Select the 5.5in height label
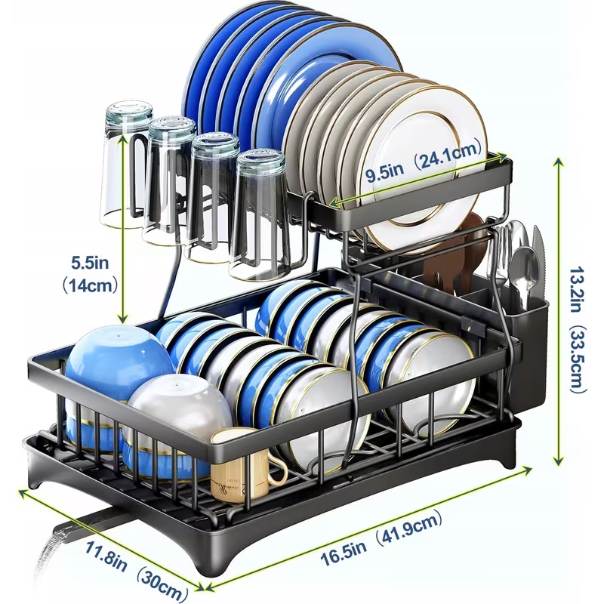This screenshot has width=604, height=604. pyautogui.click(x=91, y=263)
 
